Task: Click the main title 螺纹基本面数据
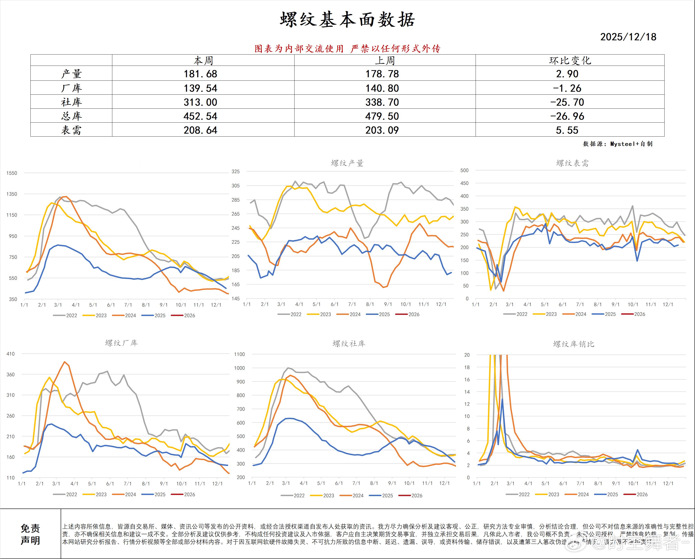347,20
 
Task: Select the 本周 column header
203,60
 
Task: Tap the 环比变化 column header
570,60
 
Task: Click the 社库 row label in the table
71,102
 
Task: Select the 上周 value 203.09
382,130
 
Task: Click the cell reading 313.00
200,102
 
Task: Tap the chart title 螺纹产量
347,163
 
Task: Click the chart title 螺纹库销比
573,344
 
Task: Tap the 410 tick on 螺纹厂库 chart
11,354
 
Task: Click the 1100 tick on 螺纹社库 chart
239,354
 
